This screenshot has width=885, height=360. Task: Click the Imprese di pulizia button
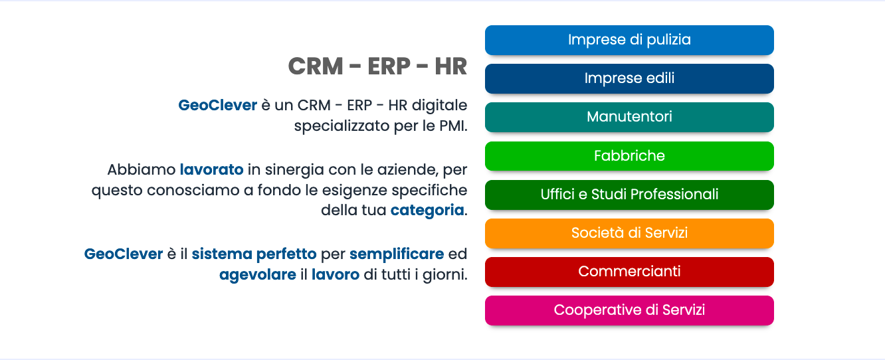[629, 41]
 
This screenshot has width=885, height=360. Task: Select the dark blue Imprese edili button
[629, 78]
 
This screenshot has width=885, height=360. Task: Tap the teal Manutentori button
[629, 118]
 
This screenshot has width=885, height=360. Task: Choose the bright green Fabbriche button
[629, 156]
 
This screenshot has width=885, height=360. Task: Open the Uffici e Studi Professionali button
[629, 195]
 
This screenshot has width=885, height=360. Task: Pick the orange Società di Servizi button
[629, 234]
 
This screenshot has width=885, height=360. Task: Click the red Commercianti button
[629, 272]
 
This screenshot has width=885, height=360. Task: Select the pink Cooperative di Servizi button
[629, 311]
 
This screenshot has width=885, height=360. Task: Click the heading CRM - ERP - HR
[377, 66]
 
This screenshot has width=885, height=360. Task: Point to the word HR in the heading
[450, 66]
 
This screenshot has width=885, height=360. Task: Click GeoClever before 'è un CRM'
[218, 105]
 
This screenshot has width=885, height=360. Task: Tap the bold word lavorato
[212, 169]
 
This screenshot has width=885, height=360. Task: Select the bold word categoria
[427, 211]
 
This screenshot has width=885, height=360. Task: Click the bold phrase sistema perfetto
[254, 254]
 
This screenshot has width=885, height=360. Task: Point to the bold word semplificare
[397, 254]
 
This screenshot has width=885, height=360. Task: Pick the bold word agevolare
[258, 274]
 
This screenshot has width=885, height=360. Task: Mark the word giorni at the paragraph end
[445, 275]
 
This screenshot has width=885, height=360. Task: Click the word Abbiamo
[142, 169]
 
